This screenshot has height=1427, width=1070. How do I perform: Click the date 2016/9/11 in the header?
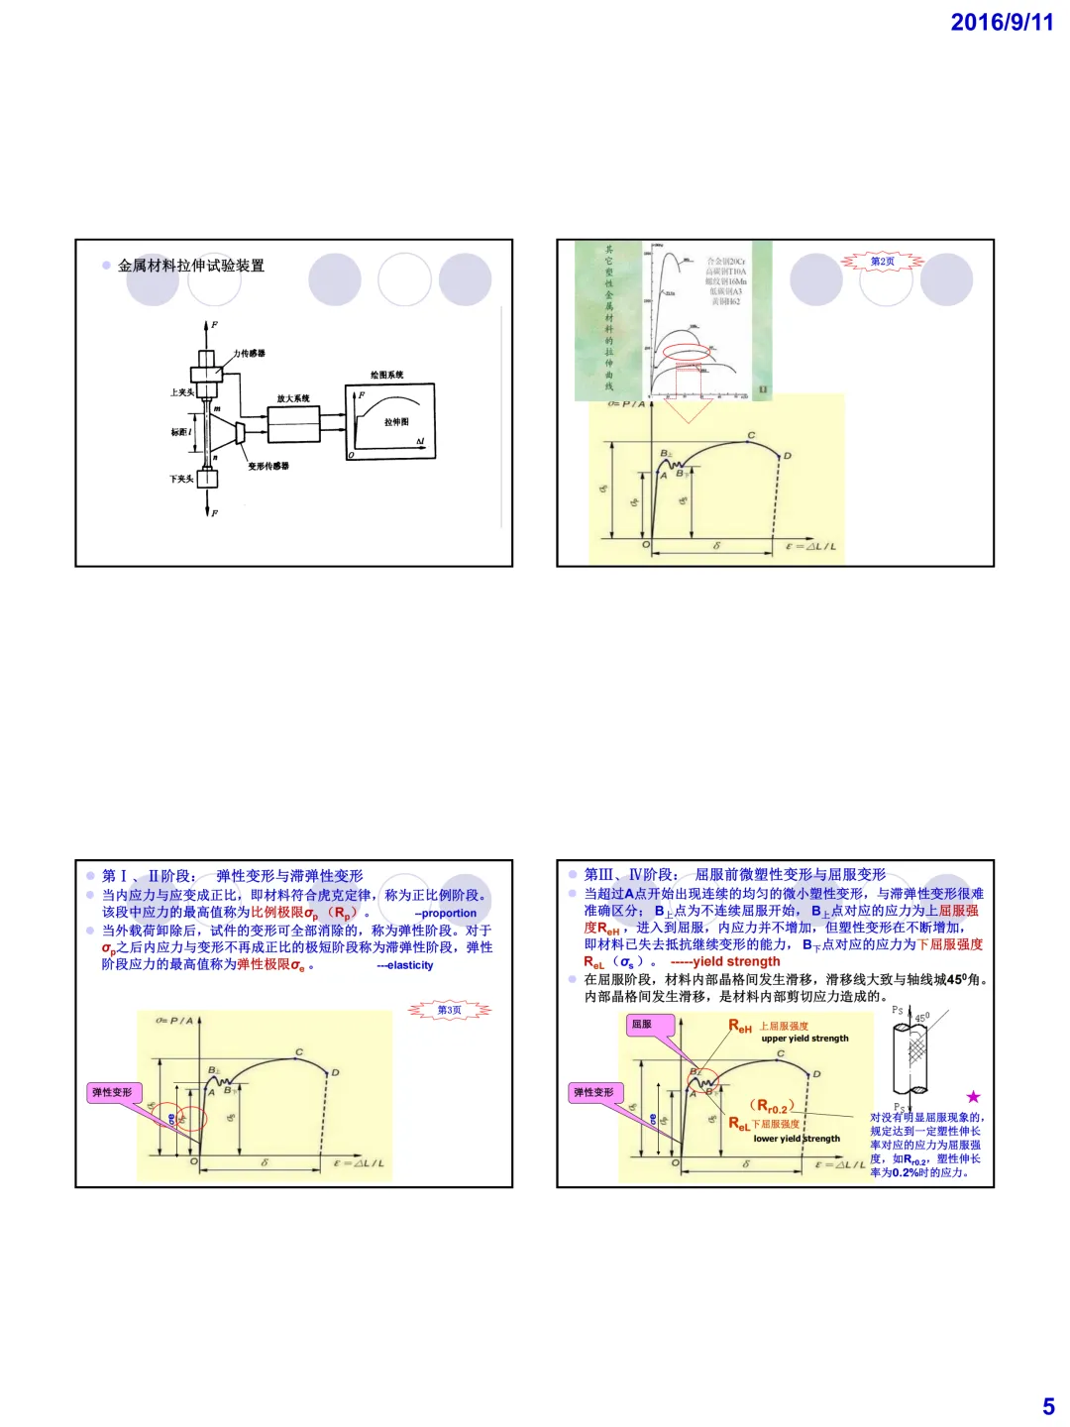pyautogui.click(x=1002, y=23)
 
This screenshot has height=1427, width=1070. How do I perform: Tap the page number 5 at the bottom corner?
pyautogui.click(x=1048, y=1406)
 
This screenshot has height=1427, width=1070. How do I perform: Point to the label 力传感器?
pyautogui.click(x=250, y=353)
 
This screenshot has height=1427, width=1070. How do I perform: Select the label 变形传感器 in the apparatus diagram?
pyautogui.click(x=268, y=466)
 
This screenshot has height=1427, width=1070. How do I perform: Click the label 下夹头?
pyautogui.click(x=181, y=479)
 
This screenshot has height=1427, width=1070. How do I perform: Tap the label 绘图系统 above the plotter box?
pyautogui.click(x=387, y=375)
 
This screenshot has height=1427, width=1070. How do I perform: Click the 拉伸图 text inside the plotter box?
pyautogui.click(x=396, y=422)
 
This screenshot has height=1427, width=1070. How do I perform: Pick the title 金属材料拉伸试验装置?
pyautogui.click(x=191, y=266)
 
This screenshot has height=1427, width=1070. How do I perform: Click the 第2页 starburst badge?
pyautogui.click(x=882, y=262)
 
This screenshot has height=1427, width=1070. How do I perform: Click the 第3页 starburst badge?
pyautogui.click(x=450, y=1010)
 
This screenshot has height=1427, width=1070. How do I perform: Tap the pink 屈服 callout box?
pyautogui.click(x=642, y=1025)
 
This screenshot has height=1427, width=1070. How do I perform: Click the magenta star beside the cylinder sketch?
pyautogui.click(x=973, y=1096)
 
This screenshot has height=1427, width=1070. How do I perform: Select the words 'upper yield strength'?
pyautogui.click(x=804, y=1039)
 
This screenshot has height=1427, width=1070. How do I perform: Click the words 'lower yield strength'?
pyautogui.click(x=797, y=1139)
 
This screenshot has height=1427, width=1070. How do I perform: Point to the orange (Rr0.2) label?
pyautogui.click(x=773, y=1106)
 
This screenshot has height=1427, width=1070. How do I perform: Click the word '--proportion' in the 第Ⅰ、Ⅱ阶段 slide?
pyautogui.click(x=445, y=914)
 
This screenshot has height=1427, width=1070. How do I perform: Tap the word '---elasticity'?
pyautogui.click(x=404, y=965)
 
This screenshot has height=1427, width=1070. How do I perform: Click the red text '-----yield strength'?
pyautogui.click(x=725, y=961)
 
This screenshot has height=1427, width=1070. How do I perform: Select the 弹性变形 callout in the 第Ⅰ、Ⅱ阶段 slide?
pyautogui.click(x=112, y=1092)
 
